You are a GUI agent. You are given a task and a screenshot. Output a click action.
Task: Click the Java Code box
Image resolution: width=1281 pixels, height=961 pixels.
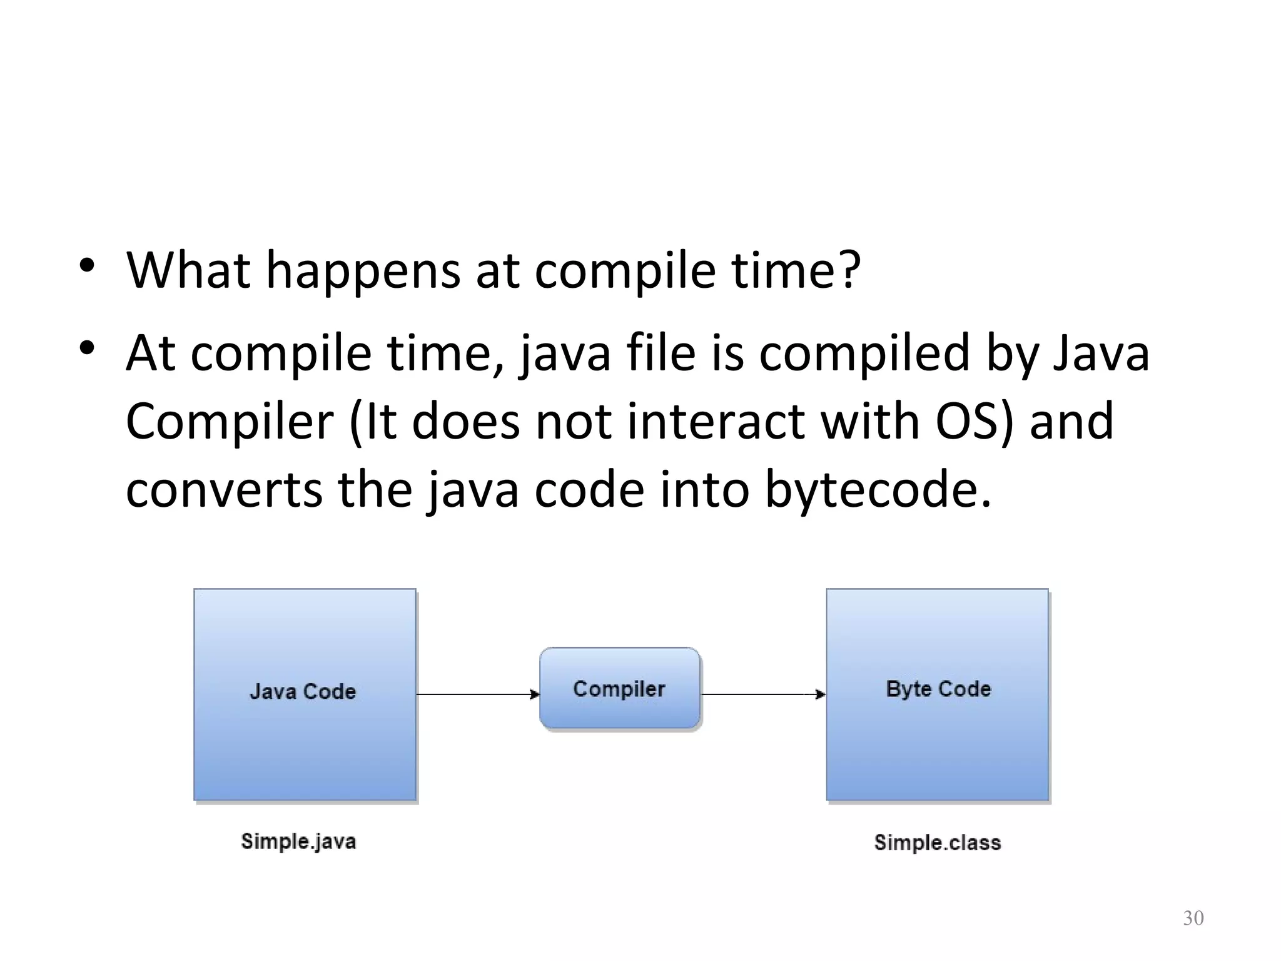pyautogui.click(x=305, y=694)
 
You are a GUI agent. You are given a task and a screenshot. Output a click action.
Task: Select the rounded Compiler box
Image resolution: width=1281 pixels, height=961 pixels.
pyautogui.click(x=619, y=689)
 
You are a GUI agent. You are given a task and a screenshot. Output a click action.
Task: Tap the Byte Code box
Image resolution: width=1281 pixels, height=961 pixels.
pyautogui.click(x=937, y=694)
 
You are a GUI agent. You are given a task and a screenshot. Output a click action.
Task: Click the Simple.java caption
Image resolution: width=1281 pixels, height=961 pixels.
pyautogui.click(x=298, y=842)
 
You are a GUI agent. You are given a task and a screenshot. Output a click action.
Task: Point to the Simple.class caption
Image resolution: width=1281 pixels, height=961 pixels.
pyautogui.click(x=937, y=843)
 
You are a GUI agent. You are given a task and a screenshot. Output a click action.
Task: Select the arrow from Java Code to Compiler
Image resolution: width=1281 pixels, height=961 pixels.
pyautogui.click(x=478, y=694)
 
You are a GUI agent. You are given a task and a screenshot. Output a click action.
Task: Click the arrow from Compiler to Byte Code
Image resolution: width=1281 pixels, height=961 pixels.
pyautogui.click(x=763, y=694)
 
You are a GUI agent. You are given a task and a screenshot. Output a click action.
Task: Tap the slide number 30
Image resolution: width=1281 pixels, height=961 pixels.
pyautogui.click(x=1193, y=918)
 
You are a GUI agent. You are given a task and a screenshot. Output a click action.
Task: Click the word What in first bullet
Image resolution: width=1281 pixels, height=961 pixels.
pyautogui.click(x=188, y=270)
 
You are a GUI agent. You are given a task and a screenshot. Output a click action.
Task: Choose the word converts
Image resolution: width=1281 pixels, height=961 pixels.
pyautogui.click(x=224, y=491)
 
